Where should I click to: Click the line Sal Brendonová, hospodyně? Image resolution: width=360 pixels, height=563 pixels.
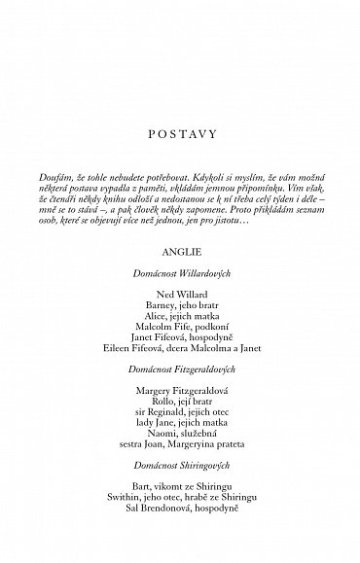[x=179, y=507]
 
